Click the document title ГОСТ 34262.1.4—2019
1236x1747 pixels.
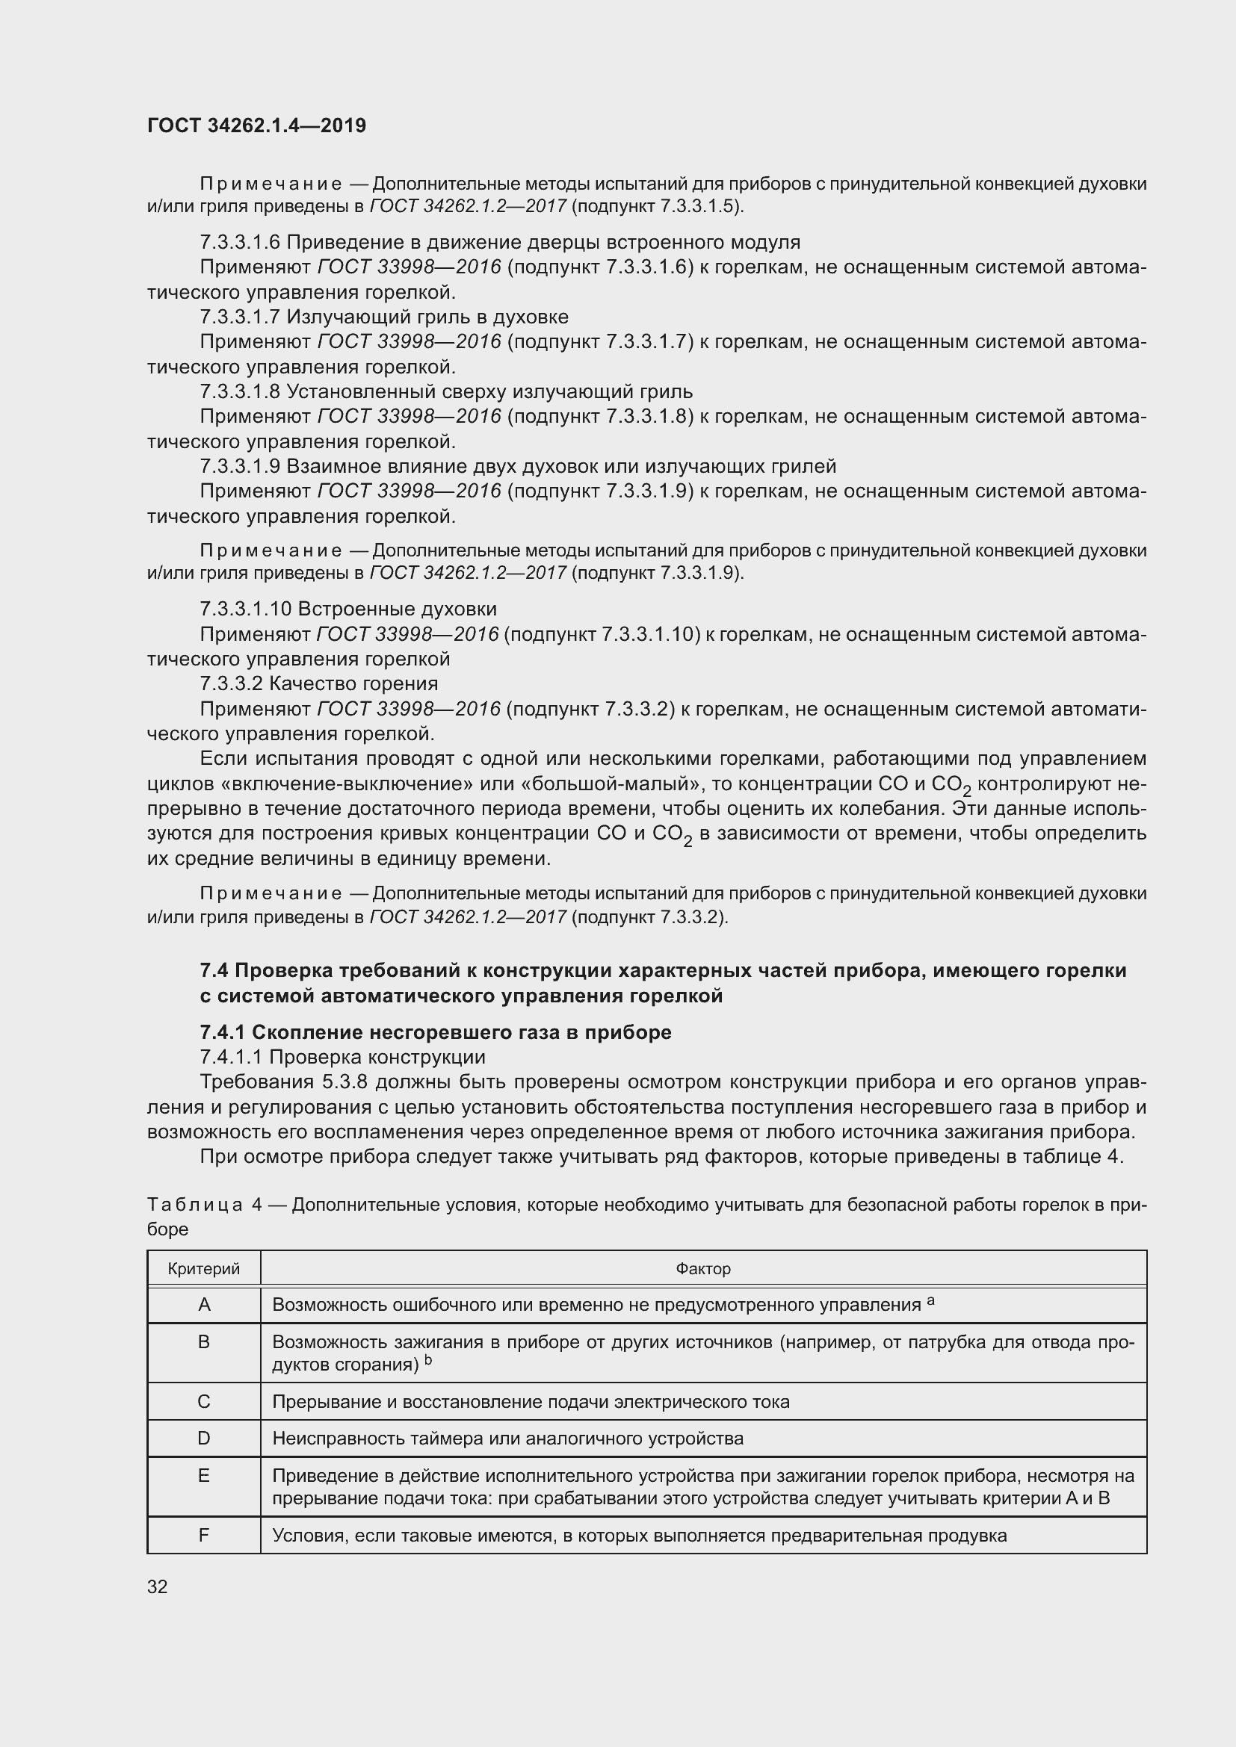[256, 125]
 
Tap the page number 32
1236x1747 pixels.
[158, 1586]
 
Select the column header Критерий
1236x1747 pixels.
[203, 1268]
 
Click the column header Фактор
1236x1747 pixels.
[702, 1268]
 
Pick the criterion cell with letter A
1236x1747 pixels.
[204, 1305]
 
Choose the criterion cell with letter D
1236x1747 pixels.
[204, 1438]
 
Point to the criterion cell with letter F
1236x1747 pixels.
[204, 1535]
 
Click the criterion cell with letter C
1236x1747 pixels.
[204, 1401]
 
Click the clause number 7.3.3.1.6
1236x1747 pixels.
[240, 243]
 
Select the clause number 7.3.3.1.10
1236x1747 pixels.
[245, 609]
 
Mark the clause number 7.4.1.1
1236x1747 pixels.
[231, 1057]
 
